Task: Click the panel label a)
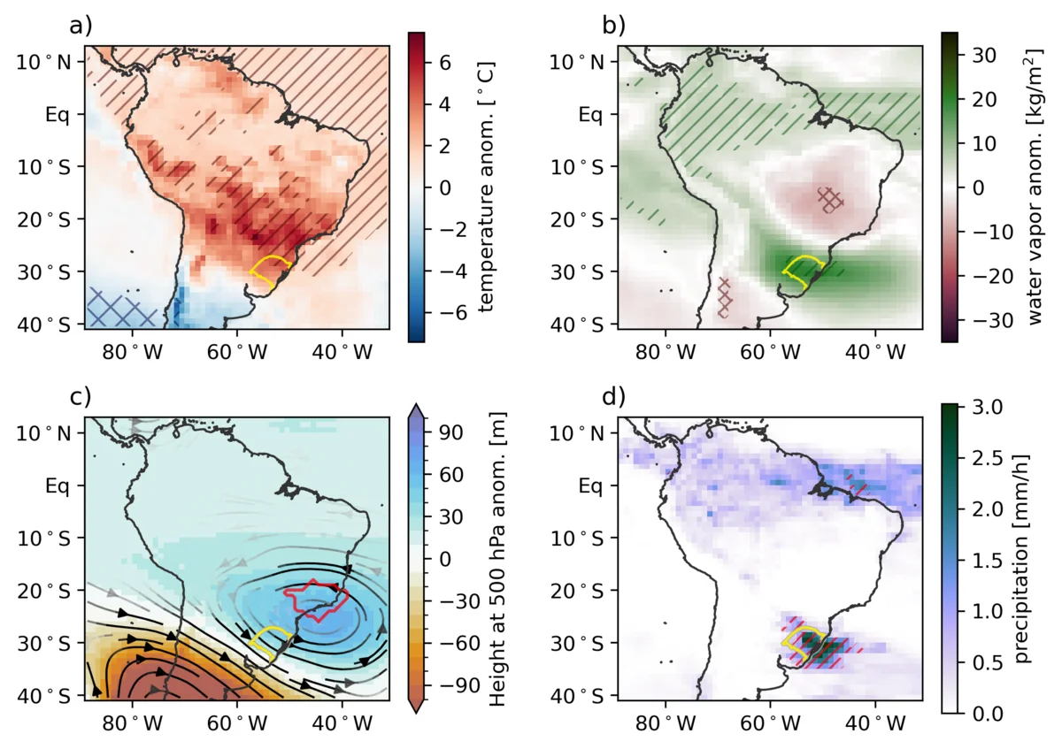point(81,27)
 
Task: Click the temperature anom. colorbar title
point(486,187)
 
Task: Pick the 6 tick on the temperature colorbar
point(445,63)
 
